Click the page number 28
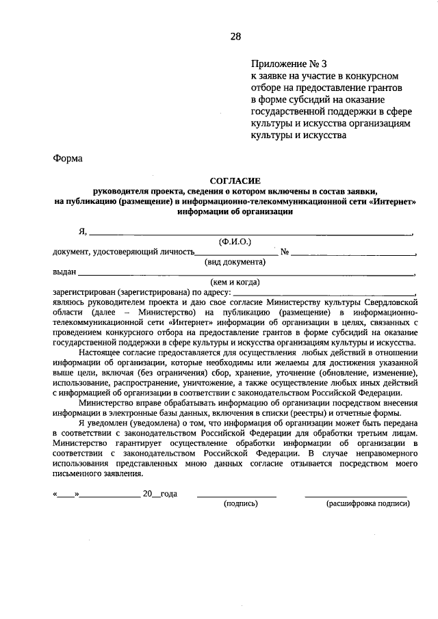[x=235, y=36]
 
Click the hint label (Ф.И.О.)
[x=235, y=241]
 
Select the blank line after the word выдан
[x=246, y=273]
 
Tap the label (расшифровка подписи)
[x=368, y=503]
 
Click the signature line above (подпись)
[x=237, y=495]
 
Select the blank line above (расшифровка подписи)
[x=356, y=495]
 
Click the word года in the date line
[x=168, y=493]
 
